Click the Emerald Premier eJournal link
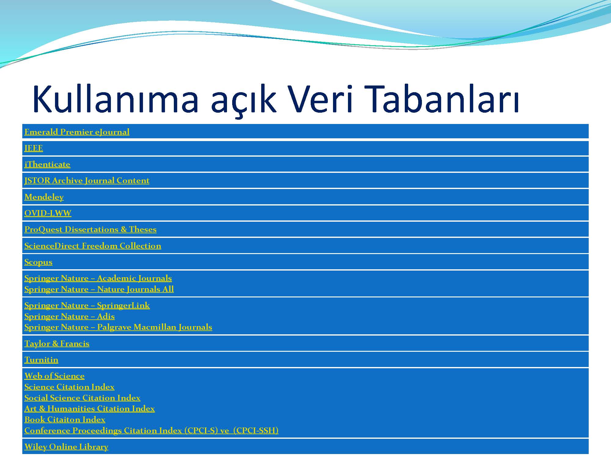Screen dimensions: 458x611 pyautogui.click(x=77, y=132)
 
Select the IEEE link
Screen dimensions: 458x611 pyautogui.click(x=34, y=148)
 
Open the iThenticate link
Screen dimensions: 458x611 pyautogui.click(x=47, y=164)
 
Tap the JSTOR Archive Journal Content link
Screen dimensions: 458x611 pyautogui.click(x=87, y=180)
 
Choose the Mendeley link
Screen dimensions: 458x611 pyautogui.click(x=44, y=197)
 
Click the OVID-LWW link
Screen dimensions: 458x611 pyautogui.click(x=48, y=213)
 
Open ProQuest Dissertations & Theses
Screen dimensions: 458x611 pyautogui.click(x=90, y=229)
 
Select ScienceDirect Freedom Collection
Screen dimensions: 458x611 pyautogui.click(x=93, y=246)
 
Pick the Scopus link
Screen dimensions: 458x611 pyautogui.click(x=38, y=262)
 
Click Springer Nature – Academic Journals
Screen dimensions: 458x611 pyautogui.click(x=98, y=278)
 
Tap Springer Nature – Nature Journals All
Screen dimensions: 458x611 pyautogui.click(x=99, y=289)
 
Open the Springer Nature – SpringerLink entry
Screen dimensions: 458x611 pyautogui.click(x=87, y=305)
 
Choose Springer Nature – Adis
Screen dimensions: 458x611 pyautogui.click(x=69, y=316)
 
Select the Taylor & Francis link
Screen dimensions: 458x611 pyautogui.click(x=57, y=343)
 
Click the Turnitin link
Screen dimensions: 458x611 pyautogui.click(x=41, y=360)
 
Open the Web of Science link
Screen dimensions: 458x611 pyautogui.click(x=54, y=376)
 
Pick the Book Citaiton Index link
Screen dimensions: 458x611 pyautogui.click(x=65, y=420)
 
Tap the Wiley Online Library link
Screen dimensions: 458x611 pyautogui.click(x=66, y=447)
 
